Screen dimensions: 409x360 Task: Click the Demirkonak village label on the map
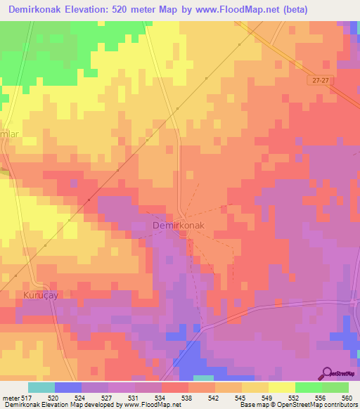179,226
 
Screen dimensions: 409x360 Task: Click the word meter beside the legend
11,396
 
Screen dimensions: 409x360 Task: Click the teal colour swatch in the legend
41,387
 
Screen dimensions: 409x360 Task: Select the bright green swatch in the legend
309,387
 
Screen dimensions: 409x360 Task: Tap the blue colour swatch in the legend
68,387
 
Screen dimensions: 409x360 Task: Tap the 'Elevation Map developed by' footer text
83,404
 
